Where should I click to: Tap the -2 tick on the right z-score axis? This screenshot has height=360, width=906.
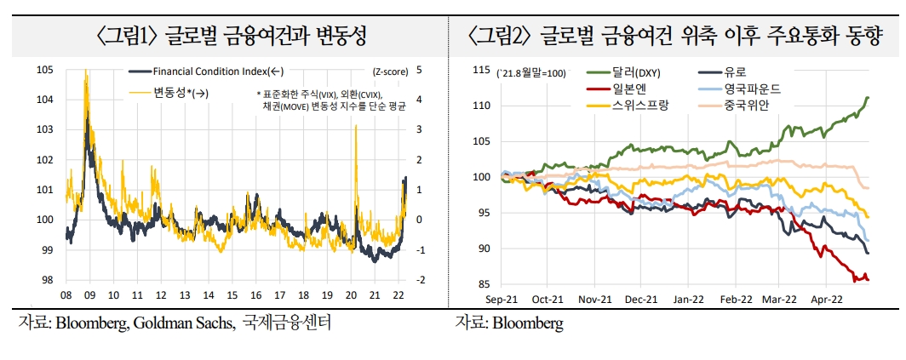click(420, 280)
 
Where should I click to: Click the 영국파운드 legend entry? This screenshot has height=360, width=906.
click(753, 89)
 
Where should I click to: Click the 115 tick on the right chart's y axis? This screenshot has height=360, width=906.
click(483, 70)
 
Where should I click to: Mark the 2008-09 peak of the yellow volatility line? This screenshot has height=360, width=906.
click(86, 72)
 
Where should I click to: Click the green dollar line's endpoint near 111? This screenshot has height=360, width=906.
click(867, 98)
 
